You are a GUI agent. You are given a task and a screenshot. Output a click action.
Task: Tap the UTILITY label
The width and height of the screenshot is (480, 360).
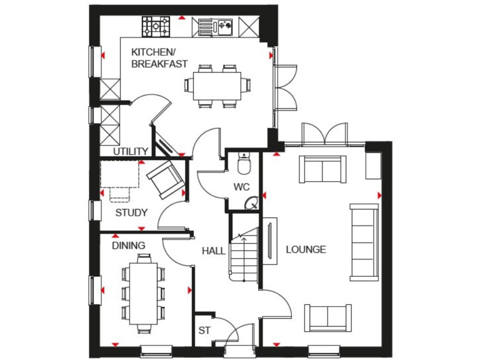(x=131, y=151)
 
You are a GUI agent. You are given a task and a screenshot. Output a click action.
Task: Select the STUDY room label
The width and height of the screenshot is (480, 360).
(x=131, y=213)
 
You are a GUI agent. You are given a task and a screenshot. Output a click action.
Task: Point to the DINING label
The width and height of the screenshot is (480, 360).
(x=129, y=246)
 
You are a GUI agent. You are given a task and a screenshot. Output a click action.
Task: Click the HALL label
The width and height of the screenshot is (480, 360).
(x=213, y=250)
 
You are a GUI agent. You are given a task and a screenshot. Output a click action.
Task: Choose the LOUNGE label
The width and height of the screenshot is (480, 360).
(x=306, y=249)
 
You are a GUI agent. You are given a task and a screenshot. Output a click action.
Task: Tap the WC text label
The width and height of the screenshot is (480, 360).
(x=242, y=187)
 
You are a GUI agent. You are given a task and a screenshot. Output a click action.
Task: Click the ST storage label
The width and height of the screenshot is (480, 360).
(x=204, y=330)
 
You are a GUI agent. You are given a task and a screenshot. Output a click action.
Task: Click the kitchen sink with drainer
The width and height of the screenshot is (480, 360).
(x=215, y=26)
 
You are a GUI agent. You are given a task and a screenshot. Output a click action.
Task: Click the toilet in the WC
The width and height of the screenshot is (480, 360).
(x=244, y=164)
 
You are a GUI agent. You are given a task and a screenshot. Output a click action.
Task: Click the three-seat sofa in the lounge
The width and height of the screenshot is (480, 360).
(x=364, y=241)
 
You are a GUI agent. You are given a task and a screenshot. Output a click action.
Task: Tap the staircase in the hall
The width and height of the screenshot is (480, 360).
(x=244, y=256)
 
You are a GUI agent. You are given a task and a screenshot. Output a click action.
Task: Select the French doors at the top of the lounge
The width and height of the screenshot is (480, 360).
(x=324, y=134)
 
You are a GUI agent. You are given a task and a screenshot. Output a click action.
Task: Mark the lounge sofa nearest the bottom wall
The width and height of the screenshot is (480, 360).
(x=327, y=317)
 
